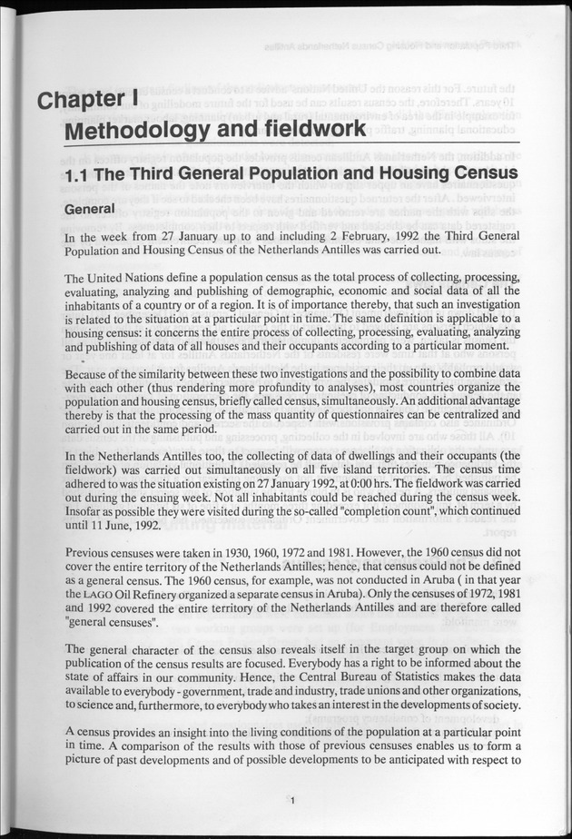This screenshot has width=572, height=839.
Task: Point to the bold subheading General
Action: [90, 210]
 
